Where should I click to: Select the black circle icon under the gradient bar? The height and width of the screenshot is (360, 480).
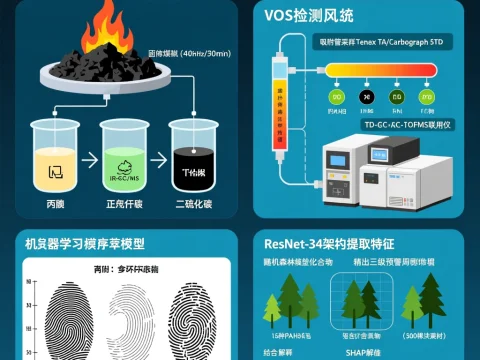(366, 98)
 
